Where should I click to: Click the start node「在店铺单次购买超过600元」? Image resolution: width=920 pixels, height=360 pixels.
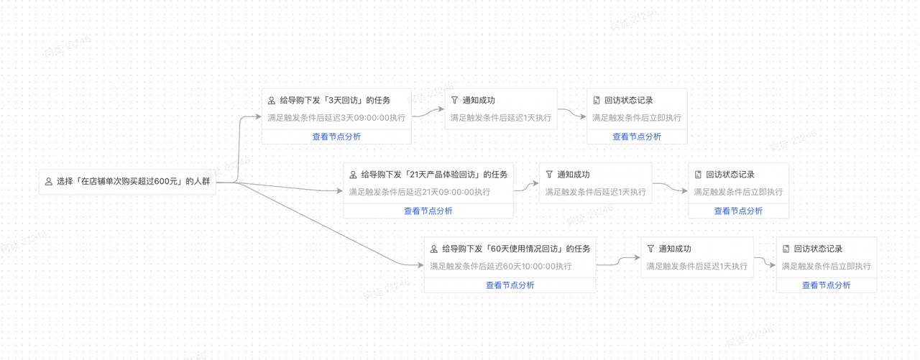[x=133, y=182]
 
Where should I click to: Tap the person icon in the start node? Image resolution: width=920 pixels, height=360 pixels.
[x=49, y=182]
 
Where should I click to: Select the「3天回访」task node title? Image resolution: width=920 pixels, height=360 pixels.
[x=335, y=101]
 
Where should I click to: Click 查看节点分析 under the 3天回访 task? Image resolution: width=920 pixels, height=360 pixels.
[x=336, y=137]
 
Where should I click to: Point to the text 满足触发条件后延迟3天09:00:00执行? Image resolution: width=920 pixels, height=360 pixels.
[x=336, y=118]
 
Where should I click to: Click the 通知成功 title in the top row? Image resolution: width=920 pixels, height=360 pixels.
[x=478, y=101]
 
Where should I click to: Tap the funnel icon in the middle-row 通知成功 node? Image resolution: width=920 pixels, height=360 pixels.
[x=549, y=175]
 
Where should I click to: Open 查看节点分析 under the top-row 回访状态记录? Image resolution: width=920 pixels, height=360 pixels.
[x=637, y=137]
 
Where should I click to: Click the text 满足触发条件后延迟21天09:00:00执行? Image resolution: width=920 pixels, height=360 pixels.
[x=420, y=192]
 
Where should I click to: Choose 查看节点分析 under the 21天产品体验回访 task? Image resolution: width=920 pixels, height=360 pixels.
[x=428, y=211]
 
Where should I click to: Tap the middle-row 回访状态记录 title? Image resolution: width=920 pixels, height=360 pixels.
[x=730, y=175]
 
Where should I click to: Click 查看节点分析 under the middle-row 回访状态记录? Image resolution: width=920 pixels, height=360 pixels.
[x=738, y=211]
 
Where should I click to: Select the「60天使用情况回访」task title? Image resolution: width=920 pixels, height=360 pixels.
[x=516, y=249]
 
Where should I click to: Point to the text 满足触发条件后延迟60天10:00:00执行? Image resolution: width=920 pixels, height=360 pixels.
[x=501, y=267]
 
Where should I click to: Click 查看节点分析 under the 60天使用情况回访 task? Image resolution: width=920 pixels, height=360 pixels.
[x=510, y=285]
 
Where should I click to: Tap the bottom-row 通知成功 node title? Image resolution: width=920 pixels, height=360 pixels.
[x=675, y=249]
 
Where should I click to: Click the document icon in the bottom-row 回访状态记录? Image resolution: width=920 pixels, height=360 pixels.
[x=786, y=249]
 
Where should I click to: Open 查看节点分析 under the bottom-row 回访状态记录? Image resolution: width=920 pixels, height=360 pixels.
[x=826, y=285]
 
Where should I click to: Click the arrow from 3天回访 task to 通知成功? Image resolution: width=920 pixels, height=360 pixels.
[x=429, y=114]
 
